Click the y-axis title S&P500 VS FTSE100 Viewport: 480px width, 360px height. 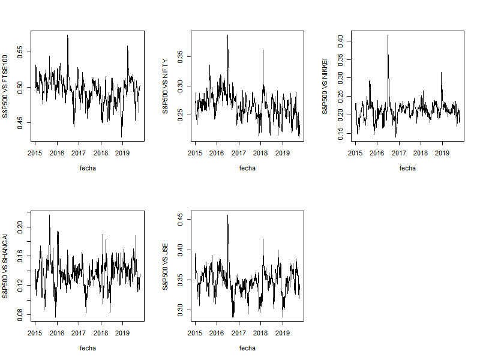coord(6,86)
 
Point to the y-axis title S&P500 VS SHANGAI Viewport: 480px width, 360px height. coord(6,266)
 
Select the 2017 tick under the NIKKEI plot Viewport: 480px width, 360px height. coord(399,153)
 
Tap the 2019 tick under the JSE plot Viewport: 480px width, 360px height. coord(283,333)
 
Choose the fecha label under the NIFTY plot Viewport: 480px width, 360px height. coord(247,168)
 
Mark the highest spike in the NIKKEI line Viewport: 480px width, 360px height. coord(388,35)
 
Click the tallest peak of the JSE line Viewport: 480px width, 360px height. coord(227,215)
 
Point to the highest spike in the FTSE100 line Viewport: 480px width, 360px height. coord(67,35)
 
